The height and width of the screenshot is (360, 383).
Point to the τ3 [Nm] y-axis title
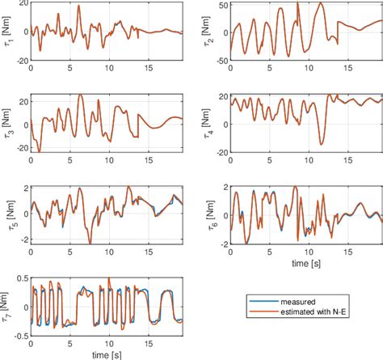[x=7, y=123]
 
